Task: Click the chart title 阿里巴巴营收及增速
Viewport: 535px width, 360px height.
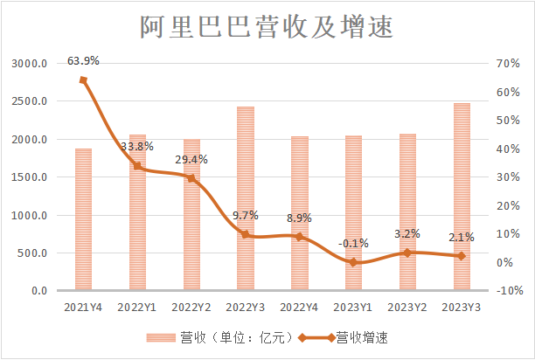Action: pos(267,27)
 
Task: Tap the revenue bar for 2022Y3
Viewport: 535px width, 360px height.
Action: pos(246,198)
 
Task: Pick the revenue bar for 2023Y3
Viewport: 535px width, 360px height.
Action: pos(462,197)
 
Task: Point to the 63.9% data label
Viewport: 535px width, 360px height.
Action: pos(83,61)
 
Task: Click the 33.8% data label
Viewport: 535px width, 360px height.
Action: pos(137,146)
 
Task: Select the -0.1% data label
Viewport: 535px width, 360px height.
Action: pos(354,244)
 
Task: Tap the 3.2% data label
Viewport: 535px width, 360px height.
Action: pos(407,234)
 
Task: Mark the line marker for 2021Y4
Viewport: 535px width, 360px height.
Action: pos(83,80)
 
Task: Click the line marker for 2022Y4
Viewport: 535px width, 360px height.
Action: pos(300,237)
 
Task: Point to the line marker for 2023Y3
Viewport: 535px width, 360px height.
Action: pos(462,256)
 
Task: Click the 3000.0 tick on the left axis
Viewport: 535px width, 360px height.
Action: pos(30,64)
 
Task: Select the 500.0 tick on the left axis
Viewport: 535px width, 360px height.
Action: pos(33,253)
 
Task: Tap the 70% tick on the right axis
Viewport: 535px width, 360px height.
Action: pos(508,64)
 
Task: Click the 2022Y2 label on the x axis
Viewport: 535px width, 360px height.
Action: pos(191,307)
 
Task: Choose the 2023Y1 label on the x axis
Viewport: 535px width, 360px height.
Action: pos(354,307)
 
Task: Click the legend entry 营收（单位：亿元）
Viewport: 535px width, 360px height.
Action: pos(218,336)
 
